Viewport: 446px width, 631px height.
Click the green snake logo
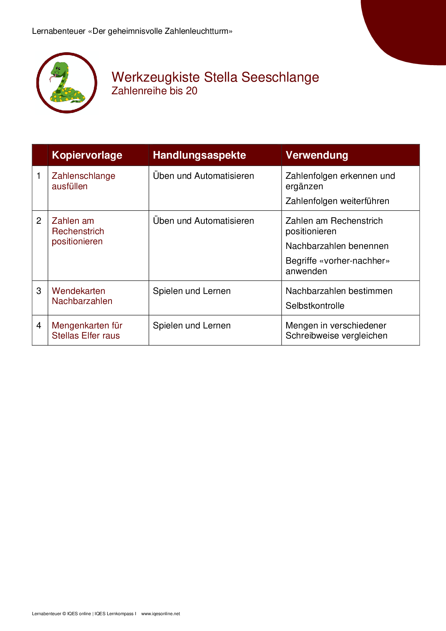tap(67, 83)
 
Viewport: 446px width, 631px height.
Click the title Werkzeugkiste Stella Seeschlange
tap(215, 77)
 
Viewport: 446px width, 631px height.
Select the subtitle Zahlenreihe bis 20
tap(154, 91)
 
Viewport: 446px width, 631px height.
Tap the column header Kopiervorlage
tap(87, 155)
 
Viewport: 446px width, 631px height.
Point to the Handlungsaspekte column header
tap(199, 155)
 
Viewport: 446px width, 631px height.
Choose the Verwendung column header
tap(317, 155)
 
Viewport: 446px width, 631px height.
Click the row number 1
tap(39, 176)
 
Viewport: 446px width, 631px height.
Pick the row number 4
tap(39, 326)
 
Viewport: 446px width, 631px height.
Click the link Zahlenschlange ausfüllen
tap(83, 181)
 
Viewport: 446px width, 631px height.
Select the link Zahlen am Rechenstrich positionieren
tap(78, 231)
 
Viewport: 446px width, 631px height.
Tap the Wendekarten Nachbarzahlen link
tap(82, 296)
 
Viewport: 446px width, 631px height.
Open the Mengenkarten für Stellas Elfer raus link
tap(87, 331)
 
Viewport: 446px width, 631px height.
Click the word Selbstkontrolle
tap(315, 306)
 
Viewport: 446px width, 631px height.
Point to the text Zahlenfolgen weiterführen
tap(337, 201)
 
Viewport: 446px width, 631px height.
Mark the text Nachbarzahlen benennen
tap(337, 246)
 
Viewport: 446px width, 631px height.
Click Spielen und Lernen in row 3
tap(191, 291)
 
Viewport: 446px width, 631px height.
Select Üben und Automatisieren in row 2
tap(203, 221)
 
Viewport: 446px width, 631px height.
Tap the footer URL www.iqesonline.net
tap(160, 614)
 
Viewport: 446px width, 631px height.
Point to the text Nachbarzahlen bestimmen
tap(339, 291)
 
